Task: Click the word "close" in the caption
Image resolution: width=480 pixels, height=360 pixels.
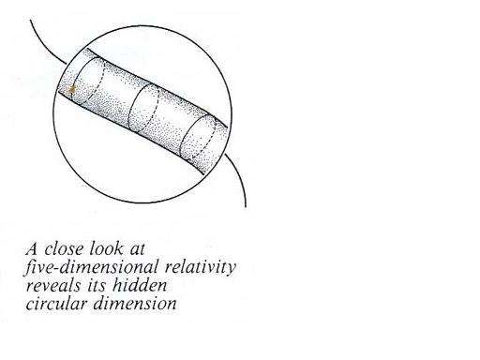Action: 64,249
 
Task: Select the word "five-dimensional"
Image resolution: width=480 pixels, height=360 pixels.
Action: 91,267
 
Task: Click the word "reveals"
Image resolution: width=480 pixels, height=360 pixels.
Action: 52,286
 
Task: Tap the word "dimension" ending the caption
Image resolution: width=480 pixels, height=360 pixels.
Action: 135,304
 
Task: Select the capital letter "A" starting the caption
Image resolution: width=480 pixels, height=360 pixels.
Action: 32,248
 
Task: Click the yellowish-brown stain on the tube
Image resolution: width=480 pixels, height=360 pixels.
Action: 71,90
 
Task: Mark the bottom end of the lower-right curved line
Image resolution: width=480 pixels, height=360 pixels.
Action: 246,207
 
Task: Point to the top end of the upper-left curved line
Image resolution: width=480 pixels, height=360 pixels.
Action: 30,20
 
